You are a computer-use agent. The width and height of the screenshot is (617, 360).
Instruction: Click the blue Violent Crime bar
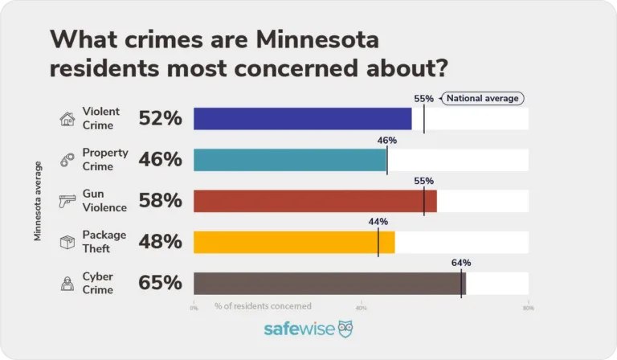pos(302,119)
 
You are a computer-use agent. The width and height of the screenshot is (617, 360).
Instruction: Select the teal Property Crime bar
pos(289,160)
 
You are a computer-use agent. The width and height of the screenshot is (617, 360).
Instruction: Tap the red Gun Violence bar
pos(314,201)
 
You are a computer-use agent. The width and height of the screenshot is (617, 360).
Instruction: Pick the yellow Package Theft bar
pos(294,242)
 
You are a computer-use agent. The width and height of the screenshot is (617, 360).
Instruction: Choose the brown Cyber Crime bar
pos(329,283)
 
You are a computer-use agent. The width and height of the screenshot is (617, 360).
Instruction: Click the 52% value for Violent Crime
pos(161,119)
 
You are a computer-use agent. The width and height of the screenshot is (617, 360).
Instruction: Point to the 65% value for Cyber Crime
pos(161,283)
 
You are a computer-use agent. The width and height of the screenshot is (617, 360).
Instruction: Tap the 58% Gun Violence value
pos(161,201)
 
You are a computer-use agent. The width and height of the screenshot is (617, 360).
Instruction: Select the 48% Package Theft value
pos(161,242)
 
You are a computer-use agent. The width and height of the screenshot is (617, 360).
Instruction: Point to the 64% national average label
pos(461,263)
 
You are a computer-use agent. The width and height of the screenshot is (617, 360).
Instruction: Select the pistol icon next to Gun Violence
pos(67,201)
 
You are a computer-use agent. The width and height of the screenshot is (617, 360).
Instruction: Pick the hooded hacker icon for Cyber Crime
pos(67,283)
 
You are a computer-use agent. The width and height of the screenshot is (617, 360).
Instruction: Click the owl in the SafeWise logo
pos(345,329)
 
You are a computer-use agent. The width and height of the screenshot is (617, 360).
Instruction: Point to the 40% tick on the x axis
pos(361,307)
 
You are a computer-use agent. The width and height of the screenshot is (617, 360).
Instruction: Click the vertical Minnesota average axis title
pos(38,201)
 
